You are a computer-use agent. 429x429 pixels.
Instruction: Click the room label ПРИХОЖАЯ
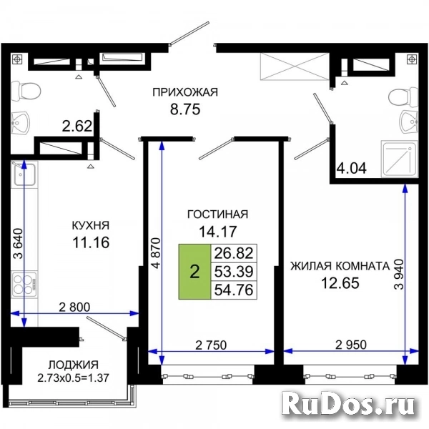185,92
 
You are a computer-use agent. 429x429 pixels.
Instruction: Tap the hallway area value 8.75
185,109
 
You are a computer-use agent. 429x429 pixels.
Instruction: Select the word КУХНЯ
91,225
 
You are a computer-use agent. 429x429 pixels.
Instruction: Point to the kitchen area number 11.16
91,242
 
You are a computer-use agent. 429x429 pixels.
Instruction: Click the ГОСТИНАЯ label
218,214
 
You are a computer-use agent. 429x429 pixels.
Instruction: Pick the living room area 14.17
218,232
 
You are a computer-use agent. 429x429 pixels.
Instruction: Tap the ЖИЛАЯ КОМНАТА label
340,266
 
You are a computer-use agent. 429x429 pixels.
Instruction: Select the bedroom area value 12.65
340,283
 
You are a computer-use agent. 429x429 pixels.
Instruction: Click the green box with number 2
194,272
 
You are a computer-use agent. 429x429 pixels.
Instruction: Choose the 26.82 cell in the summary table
234,253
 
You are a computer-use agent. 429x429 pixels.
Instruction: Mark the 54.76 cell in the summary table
234,290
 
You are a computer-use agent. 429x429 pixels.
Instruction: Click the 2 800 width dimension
74,307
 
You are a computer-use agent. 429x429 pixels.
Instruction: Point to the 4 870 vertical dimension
156,253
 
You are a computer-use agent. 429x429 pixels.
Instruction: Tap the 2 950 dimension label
351,345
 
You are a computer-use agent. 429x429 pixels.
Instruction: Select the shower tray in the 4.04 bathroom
400,159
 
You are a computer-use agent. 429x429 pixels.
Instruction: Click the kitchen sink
24,174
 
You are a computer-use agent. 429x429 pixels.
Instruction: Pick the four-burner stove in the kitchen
24,285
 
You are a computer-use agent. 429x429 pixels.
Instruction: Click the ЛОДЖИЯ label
74,365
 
